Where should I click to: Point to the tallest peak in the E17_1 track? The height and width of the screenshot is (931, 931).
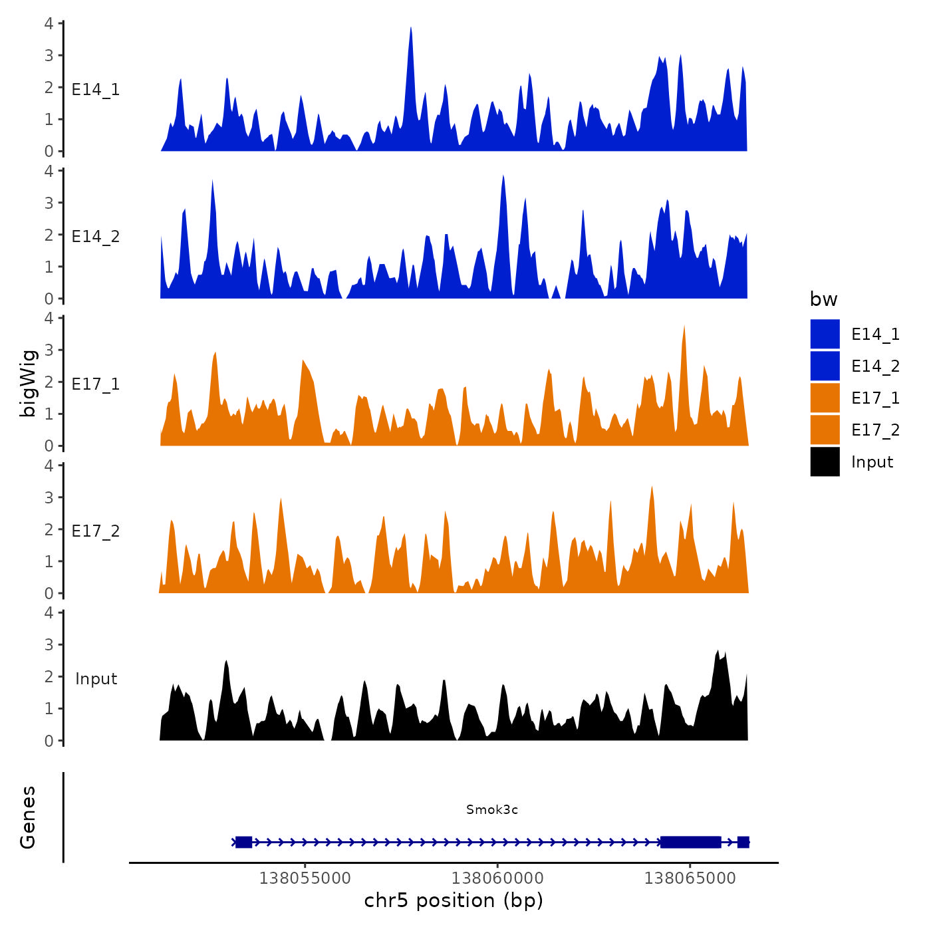click(x=684, y=328)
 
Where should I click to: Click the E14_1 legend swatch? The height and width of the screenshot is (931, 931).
click(x=825, y=334)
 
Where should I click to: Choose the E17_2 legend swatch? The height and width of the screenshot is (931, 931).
click(x=825, y=430)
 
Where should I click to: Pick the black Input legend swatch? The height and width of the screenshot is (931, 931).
click(x=825, y=462)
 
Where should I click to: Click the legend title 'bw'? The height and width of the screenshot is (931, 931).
click(x=823, y=299)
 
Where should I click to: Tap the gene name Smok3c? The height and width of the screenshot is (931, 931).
click(x=491, y=809)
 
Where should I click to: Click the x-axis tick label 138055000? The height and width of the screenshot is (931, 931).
click(x=305, y=878)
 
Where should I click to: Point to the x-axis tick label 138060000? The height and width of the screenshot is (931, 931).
click(x=497, y=878)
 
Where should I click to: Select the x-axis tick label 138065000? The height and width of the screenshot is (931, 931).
click(x=690, y=878)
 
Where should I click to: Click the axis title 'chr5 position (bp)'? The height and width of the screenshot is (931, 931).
click(x=454, y=900)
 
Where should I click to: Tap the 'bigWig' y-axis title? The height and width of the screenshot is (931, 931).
click(x=28, y=383)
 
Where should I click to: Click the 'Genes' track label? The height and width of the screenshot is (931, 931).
click(x=28, y=817)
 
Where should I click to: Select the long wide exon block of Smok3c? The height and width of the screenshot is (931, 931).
click(x=691, y=842)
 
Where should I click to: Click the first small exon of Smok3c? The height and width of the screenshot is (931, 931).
click(x=243, y=842)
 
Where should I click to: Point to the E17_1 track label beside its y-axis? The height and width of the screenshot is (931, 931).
click(x=96, y=384)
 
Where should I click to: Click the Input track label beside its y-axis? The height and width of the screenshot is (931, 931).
click(x=96, y=678)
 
